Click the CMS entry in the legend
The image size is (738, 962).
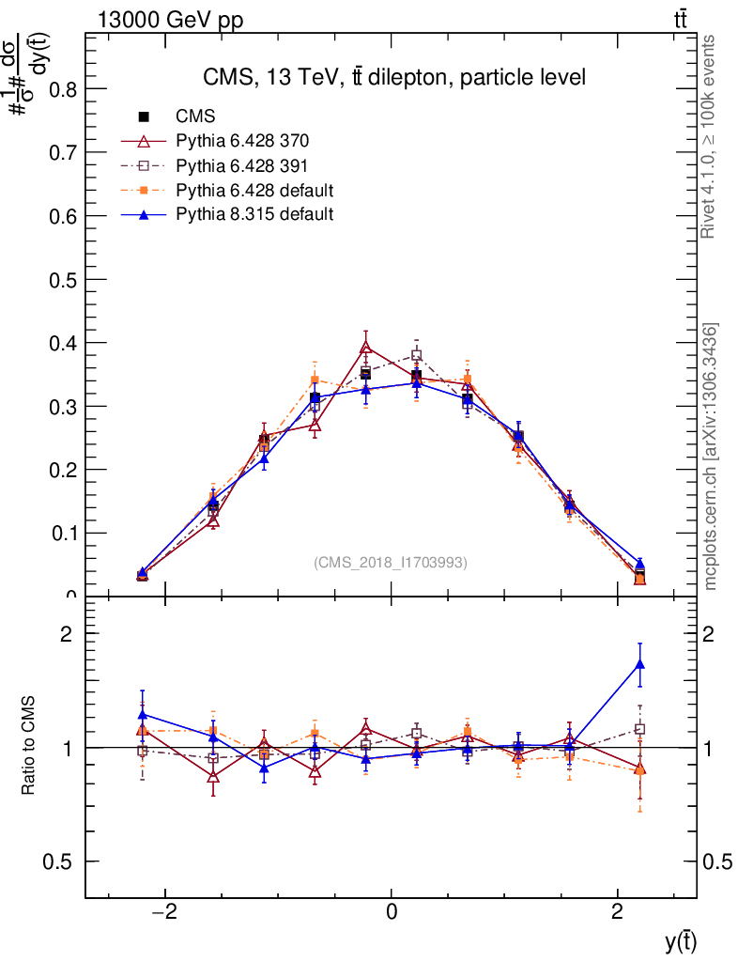tap(195, 117)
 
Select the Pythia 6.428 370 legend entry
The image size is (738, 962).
tap(242, 142)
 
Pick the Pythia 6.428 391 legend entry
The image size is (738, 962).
tap(242, 166)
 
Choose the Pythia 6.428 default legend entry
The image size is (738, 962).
tap(254, 191)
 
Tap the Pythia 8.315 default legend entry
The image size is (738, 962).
tap(254, 214)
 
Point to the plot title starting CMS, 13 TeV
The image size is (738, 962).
tap(394, 78)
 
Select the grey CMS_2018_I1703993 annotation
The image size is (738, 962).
tap(391, 563)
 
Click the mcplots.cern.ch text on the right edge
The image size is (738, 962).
tap(711, 457)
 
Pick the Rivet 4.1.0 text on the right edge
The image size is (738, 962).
tap(711, 136)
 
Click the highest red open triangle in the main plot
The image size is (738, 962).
tap(366, 348)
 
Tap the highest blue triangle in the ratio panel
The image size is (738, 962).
tap(640, 665)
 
